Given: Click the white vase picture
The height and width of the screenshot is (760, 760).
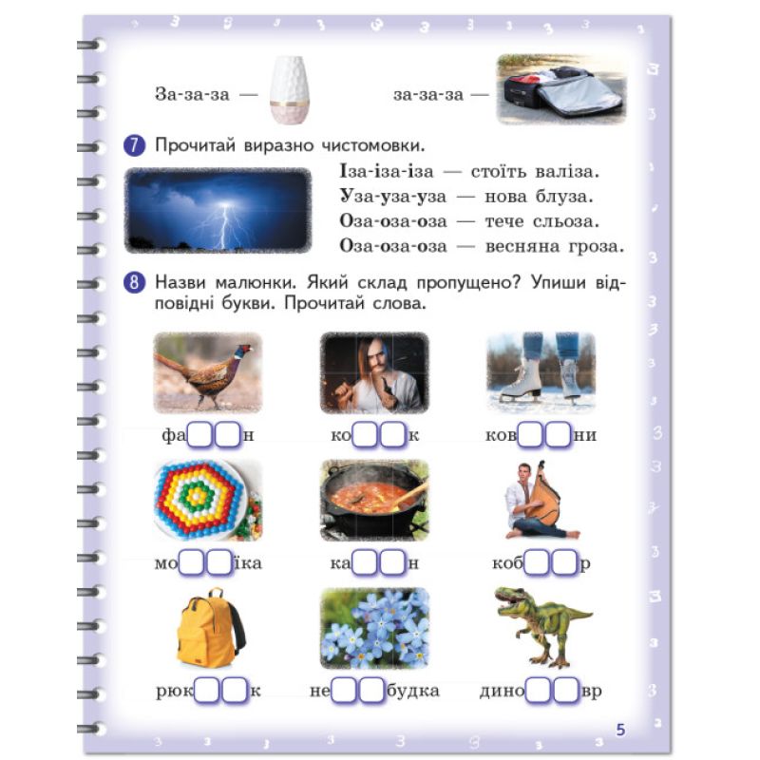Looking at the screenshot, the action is click(x=290, y=90).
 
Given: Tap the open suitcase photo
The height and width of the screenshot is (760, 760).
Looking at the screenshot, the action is click(x=561, y=88).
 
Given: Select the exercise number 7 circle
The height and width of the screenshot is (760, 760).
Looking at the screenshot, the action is click(x=134, y=145).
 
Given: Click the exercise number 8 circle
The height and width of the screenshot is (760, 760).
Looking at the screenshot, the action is click(x=134, y=282).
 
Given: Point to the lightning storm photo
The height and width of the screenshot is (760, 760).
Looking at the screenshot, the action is click(x=218, y=210).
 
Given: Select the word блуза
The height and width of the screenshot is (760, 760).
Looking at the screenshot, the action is click(x=564, y=197).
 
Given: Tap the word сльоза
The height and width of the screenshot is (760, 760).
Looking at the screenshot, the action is click(x=566, y=221).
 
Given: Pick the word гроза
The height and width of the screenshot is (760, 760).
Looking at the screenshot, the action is click(x=596, y=246).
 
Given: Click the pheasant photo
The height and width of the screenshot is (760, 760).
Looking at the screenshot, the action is click(x=208, y=372).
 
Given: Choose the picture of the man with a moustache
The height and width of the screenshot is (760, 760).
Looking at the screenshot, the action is click(x=374, y=372).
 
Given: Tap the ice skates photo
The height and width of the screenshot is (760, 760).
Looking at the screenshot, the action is click(x=541, y=372).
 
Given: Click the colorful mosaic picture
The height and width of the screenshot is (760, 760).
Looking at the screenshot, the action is click(x=208, y=501).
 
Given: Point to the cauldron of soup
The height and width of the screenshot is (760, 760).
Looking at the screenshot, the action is click(x=374, y=501).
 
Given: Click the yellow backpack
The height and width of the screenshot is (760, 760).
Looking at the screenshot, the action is click(x=211, y=628).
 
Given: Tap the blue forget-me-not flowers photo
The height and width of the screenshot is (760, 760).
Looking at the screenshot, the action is click(x=374, y=628).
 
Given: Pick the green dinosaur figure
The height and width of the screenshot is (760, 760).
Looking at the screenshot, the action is click(x=542, y=627).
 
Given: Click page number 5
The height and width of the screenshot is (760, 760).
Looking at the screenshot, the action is click(x=620, y=730).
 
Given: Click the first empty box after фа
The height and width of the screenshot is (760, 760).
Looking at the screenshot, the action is click(x=199, y=434).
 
